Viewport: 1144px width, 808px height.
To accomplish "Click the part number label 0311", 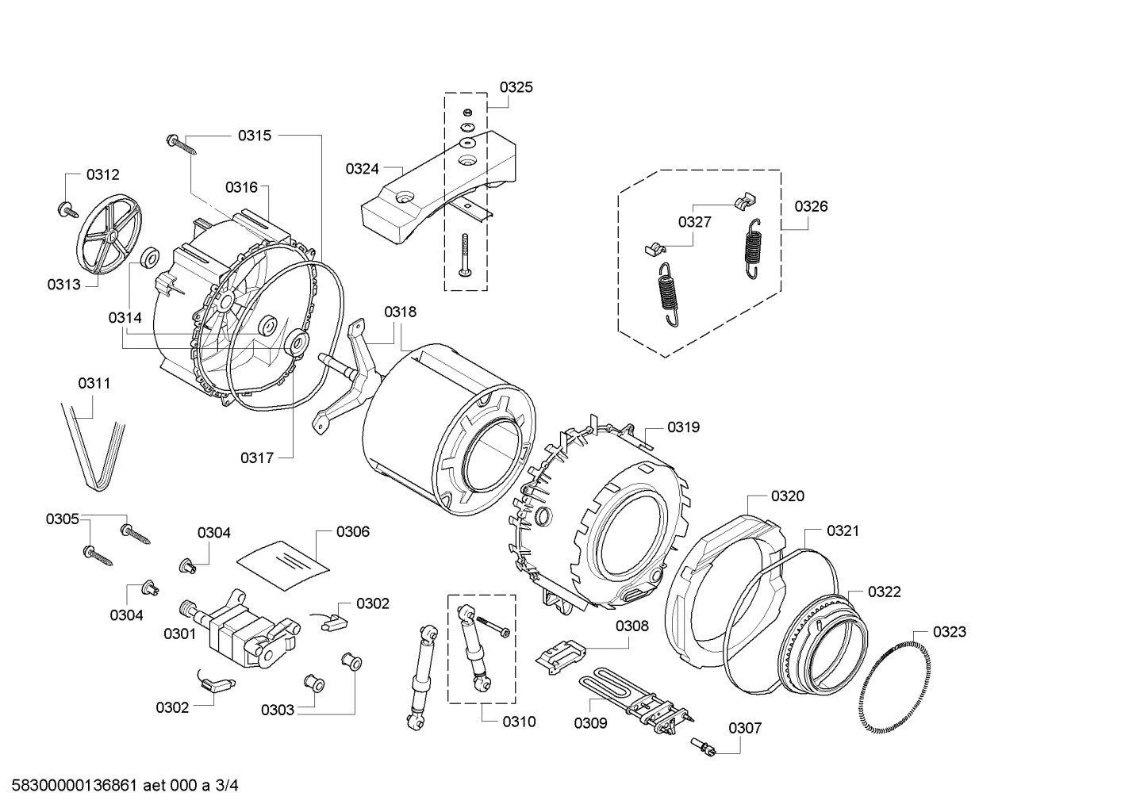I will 94,383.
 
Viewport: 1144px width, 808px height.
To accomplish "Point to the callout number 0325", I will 516,87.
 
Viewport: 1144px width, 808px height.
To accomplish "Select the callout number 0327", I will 694,222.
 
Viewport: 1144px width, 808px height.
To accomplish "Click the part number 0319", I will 683,427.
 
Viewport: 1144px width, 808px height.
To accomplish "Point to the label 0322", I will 884,592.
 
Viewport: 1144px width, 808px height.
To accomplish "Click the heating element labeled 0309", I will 635,698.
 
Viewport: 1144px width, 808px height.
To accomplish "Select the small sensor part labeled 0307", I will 703,745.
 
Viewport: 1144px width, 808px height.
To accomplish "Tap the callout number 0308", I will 632,626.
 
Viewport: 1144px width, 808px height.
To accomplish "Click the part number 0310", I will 519,722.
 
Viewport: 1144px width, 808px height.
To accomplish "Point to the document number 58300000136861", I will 71,786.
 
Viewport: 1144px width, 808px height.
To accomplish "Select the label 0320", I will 787,496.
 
